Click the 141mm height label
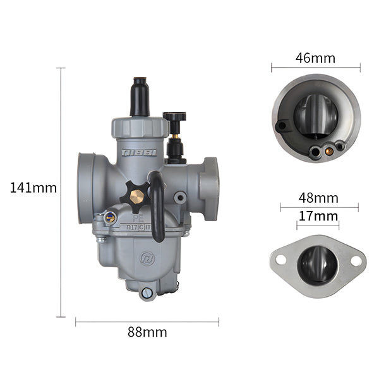coord(33,188)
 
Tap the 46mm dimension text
coord(315,59)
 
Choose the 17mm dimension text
coord(318,215)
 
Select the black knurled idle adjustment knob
coord(174,117)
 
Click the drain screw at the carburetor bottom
coord(147,292)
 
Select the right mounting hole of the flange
coord(356,260)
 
